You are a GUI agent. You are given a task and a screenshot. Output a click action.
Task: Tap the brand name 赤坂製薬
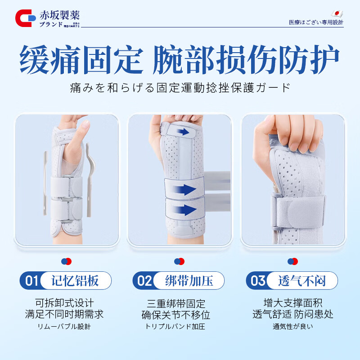pos(59,14)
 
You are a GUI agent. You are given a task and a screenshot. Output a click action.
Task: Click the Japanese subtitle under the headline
pos(180,87)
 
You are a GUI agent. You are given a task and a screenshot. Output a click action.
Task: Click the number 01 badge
pos(31,281)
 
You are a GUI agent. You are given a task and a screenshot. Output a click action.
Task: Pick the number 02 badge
pos(144,281)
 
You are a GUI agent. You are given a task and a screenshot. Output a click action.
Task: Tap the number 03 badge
pos(258,281)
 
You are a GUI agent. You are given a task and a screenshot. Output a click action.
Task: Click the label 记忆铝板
pos(76,281)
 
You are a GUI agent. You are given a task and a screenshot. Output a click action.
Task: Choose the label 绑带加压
pos(189,281)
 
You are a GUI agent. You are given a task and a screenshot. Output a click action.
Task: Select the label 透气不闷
pos(302,281)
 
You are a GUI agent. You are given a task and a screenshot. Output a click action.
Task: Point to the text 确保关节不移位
pos(179,315)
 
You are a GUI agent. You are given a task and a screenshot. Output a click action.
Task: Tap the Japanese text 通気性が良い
pos(293,326)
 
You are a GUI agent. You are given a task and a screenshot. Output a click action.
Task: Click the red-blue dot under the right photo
pos(293,261)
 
